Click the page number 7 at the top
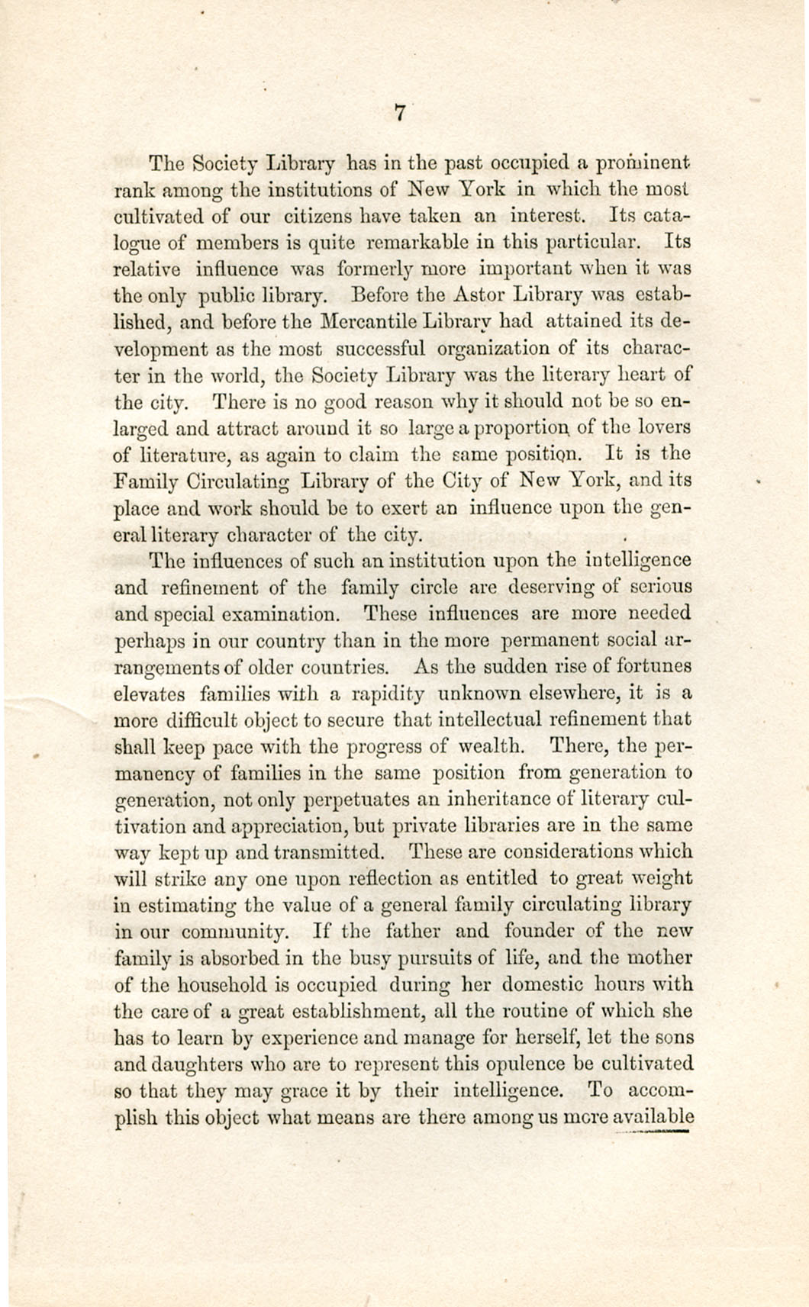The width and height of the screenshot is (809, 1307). [x=399, y=112]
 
